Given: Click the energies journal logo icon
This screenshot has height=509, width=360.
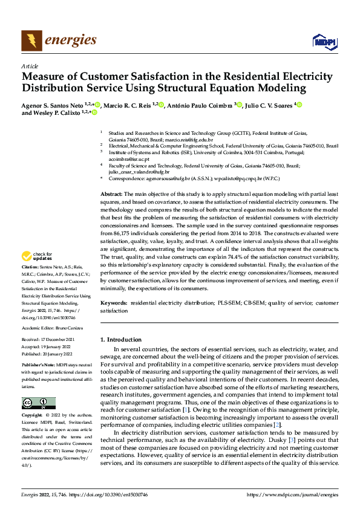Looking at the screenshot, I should (31, 41).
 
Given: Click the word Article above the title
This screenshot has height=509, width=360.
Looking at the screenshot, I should (30, 66).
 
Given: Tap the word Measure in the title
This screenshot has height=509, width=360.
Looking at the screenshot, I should (45, 77).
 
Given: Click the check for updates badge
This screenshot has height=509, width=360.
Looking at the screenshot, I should (39, 273).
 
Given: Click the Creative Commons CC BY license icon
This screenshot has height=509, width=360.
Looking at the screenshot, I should (38, 403).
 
